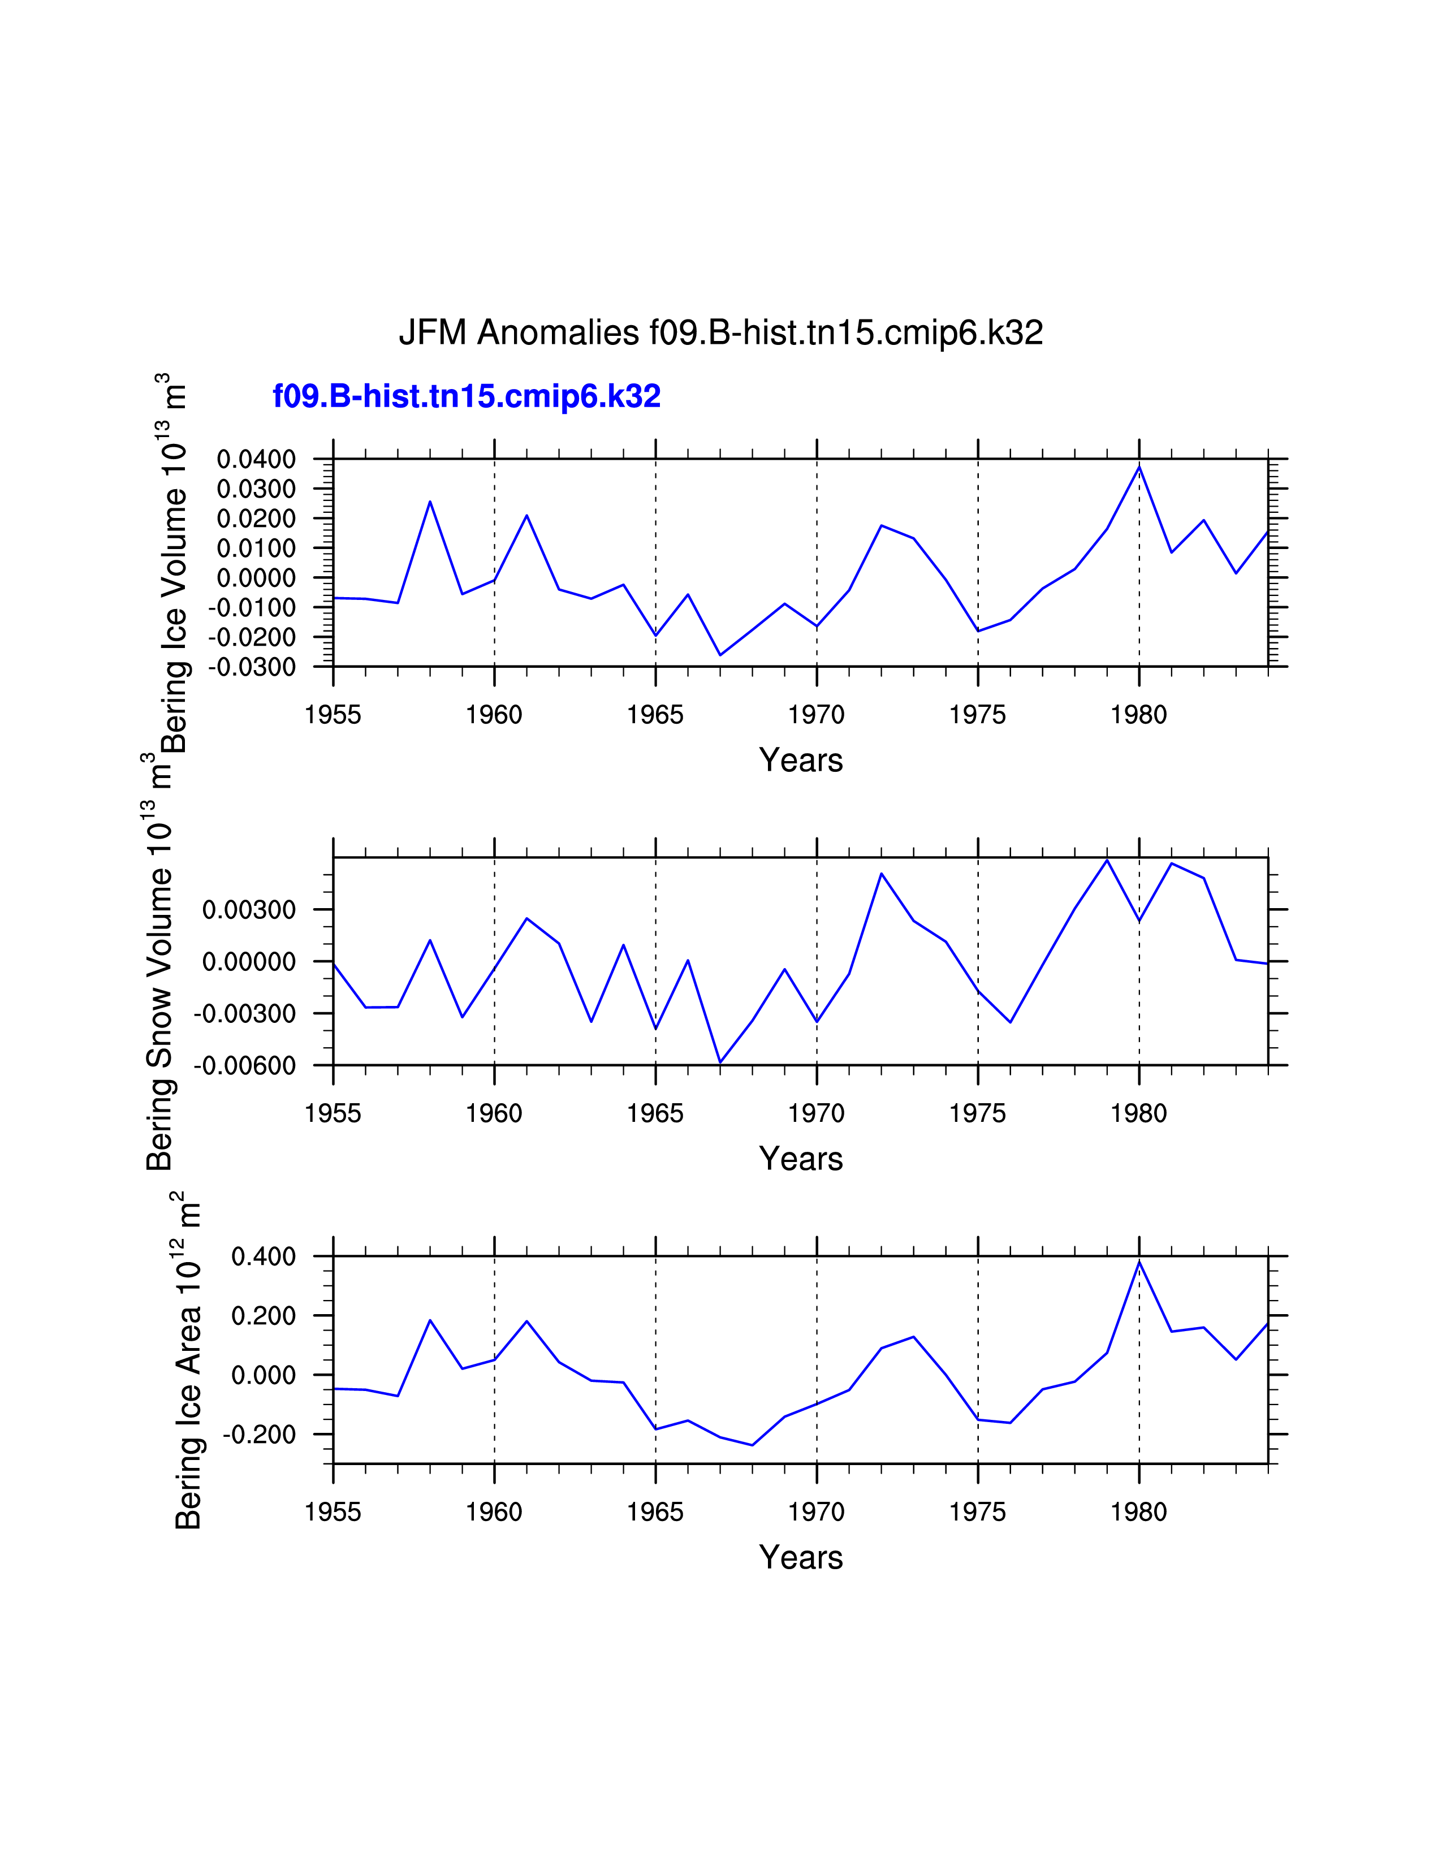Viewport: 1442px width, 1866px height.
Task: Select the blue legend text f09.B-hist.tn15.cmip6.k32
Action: tap(467, 396)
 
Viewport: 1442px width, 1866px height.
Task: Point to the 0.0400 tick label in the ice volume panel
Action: tap(256, 460)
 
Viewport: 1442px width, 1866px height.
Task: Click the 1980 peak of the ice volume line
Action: tap(1139, 466)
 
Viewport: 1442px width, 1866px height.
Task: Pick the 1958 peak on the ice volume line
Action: tap(430, 502)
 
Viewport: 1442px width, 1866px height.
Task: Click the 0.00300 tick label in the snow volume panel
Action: tap(249, 910)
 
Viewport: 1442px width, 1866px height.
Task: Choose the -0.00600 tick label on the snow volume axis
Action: tap(245, 1065)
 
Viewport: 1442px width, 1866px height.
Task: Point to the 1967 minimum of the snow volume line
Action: tap(720, 1062)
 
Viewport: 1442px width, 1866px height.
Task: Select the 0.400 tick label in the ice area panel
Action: tap(263, 1257)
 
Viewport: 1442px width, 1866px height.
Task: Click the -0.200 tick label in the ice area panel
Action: tap(260, 1435)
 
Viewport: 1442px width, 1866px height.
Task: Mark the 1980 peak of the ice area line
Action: tap(1139, 1262)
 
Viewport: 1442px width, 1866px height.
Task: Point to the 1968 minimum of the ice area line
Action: tap(752, 1445)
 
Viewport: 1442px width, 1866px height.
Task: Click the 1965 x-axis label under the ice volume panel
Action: tap(655, 715)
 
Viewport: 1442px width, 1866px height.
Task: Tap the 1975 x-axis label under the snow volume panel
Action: tap(977, 1113)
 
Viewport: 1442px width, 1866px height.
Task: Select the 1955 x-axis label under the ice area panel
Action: tap(333, 1511)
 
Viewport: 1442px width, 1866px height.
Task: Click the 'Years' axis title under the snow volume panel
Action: tap(800, 1159)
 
